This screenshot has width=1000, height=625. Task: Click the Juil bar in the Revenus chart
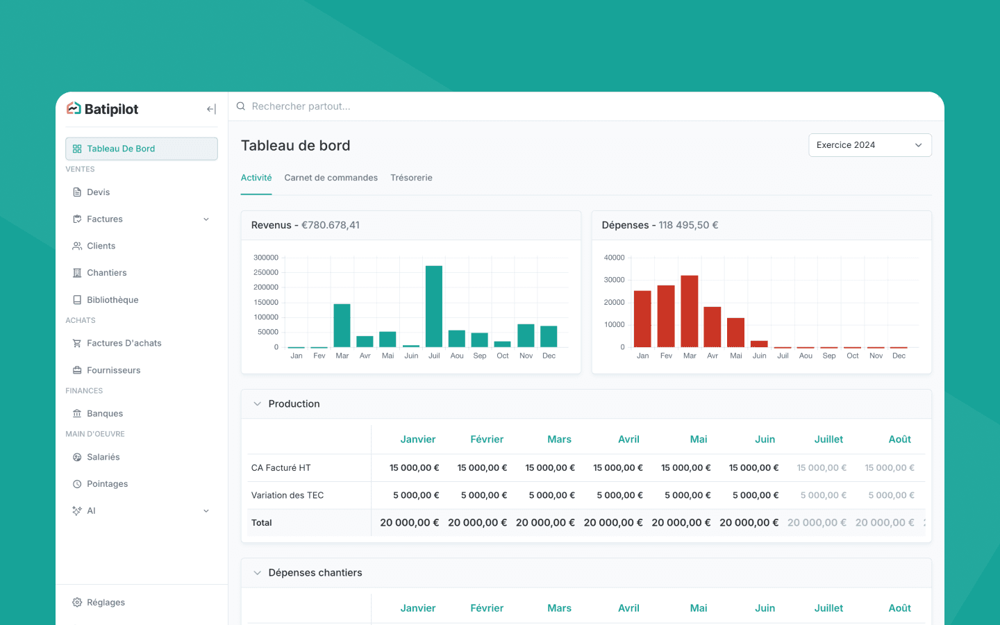[434, 306]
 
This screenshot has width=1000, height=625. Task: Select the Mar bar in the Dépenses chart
[690, 311]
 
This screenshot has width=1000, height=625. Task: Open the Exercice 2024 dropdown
[869, 145]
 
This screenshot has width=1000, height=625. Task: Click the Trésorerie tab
[411, 178]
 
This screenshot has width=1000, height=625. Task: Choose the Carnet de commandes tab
[331, 178]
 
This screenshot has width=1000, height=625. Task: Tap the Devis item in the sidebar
[98, 192]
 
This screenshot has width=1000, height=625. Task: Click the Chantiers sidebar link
[106, 273]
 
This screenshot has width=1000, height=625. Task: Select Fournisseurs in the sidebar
[113, 370]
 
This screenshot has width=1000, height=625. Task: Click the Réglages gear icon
[77, 602]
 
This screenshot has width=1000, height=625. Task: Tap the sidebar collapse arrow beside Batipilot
[211, 109]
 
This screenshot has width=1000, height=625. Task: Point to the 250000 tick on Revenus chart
[265, 272]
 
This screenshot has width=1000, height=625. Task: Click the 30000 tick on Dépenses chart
[614, 280]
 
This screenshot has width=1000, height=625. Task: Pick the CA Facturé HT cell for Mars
[549, 468]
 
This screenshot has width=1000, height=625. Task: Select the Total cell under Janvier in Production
[410, 523]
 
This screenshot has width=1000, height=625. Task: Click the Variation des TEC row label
[287, 495]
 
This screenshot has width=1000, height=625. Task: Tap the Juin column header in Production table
[765, 440]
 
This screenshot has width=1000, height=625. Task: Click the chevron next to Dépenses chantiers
[257, 573]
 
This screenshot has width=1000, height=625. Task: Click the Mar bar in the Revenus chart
[342, 326]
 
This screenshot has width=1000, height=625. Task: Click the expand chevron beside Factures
[206, 219]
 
